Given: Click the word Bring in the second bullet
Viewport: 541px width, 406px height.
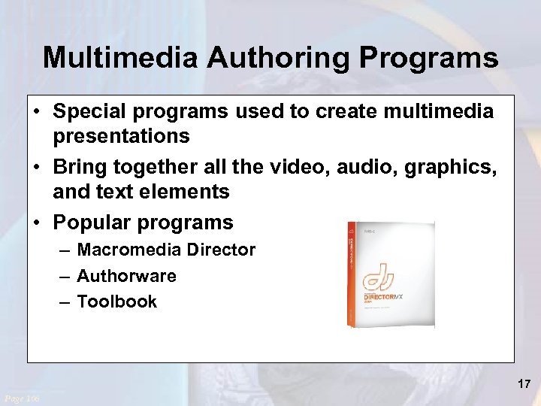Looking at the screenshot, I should [x=80, y=167].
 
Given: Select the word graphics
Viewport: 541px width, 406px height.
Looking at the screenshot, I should [x=450, y=167].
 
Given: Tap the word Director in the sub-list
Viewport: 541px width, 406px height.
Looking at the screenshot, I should [x=224, y=250].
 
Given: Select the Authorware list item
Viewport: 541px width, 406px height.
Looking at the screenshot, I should [x=126, y=276].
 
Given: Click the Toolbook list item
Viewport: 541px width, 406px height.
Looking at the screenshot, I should [x=116, y=301].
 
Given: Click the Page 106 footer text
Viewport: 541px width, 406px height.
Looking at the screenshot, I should [x=23, y=397].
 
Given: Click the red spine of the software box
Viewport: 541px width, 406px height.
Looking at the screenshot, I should [x=352, y=274].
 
